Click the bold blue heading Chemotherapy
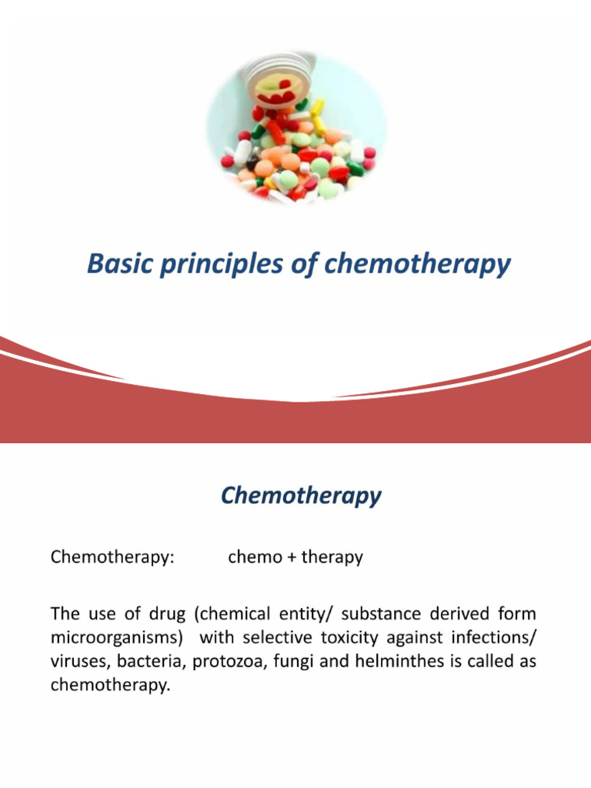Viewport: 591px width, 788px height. click(300, 496)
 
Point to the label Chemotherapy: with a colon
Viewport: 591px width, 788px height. click(112, 557)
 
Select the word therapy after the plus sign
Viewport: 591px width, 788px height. click(332, 558)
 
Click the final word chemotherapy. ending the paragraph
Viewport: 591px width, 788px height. click(109, 686)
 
